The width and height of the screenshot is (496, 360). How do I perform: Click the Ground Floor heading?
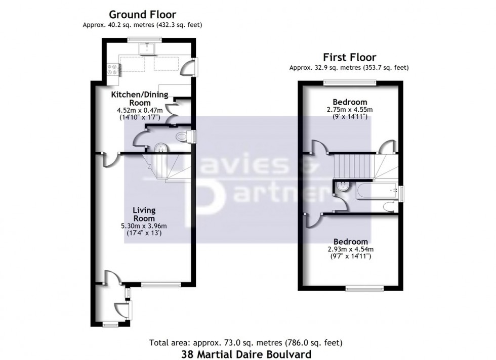[143, 15]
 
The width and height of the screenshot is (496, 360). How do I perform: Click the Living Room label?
[144, 214]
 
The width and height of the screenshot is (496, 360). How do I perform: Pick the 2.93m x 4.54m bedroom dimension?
[350, 249]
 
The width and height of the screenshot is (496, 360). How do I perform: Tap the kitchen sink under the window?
[148, 49]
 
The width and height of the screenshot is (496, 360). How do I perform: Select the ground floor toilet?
[182, 137]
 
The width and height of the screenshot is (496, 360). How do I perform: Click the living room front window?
[160, 285]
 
